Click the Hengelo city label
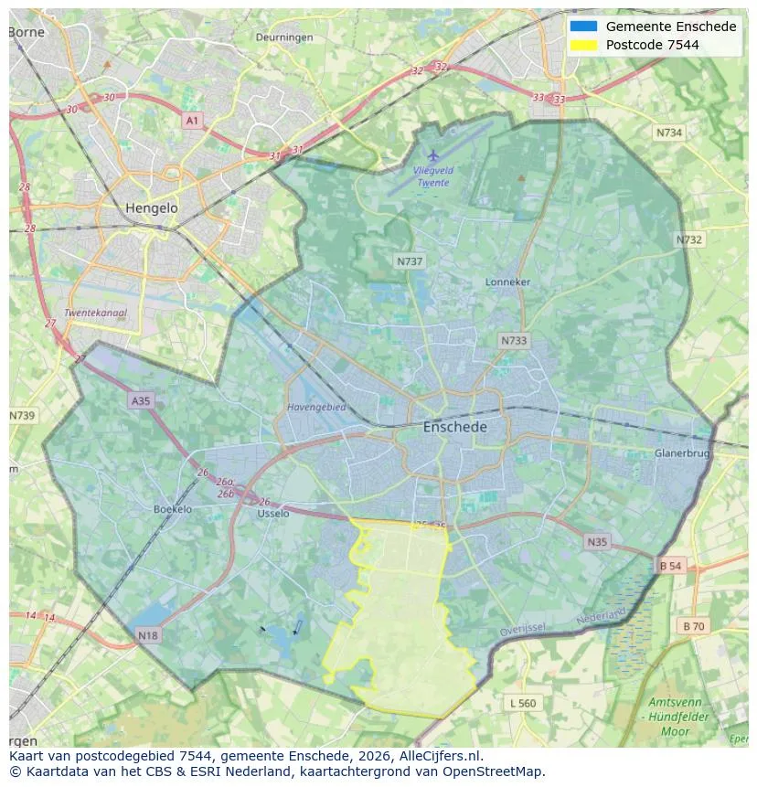151,208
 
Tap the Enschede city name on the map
454,427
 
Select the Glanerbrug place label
681,453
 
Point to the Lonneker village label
507,282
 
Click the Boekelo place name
173,509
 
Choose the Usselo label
273,514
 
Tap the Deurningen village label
284,37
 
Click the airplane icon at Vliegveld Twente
433,155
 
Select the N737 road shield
410,261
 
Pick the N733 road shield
514,341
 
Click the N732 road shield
689,239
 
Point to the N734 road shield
669,133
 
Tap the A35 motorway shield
141,400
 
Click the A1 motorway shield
192,121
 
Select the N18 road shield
148,634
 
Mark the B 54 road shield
670,566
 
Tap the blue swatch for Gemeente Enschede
583,27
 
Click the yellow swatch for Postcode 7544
583,45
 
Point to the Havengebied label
316,407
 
